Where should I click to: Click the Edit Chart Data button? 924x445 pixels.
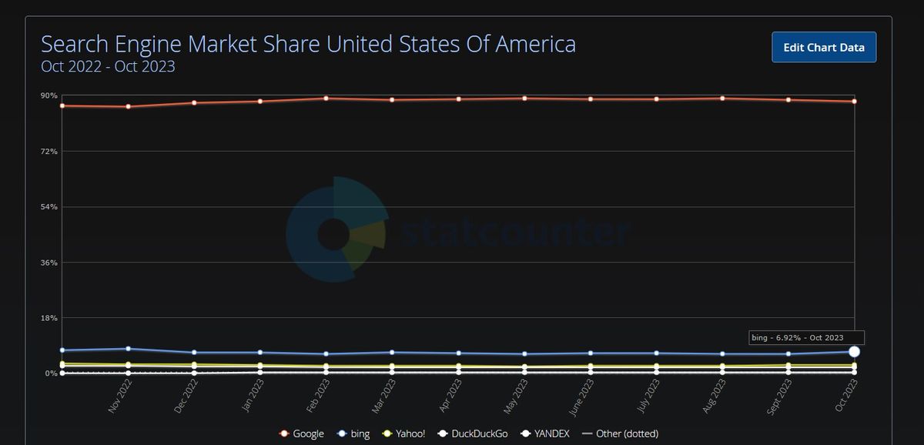tap(824, 47)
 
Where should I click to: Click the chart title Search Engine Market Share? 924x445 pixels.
tap(308, 44)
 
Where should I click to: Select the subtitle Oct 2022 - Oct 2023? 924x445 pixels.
tap(108, 67)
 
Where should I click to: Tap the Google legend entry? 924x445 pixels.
tap(302, 433)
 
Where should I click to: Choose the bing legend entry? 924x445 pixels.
tap(354, 433)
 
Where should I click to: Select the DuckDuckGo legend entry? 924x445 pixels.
tap(474, 433)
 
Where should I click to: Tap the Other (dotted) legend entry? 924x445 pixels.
tap(620, 433)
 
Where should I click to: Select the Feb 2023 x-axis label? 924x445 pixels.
tap(318, 396)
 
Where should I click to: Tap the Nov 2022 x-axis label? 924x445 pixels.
tap(120, 396)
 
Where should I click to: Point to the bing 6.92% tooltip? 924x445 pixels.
tap(806, 337)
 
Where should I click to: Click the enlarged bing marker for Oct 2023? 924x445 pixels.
tap(854, 352)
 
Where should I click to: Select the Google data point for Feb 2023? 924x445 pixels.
tap(326, 99)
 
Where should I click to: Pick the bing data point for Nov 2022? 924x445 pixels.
tap(128, 349)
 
